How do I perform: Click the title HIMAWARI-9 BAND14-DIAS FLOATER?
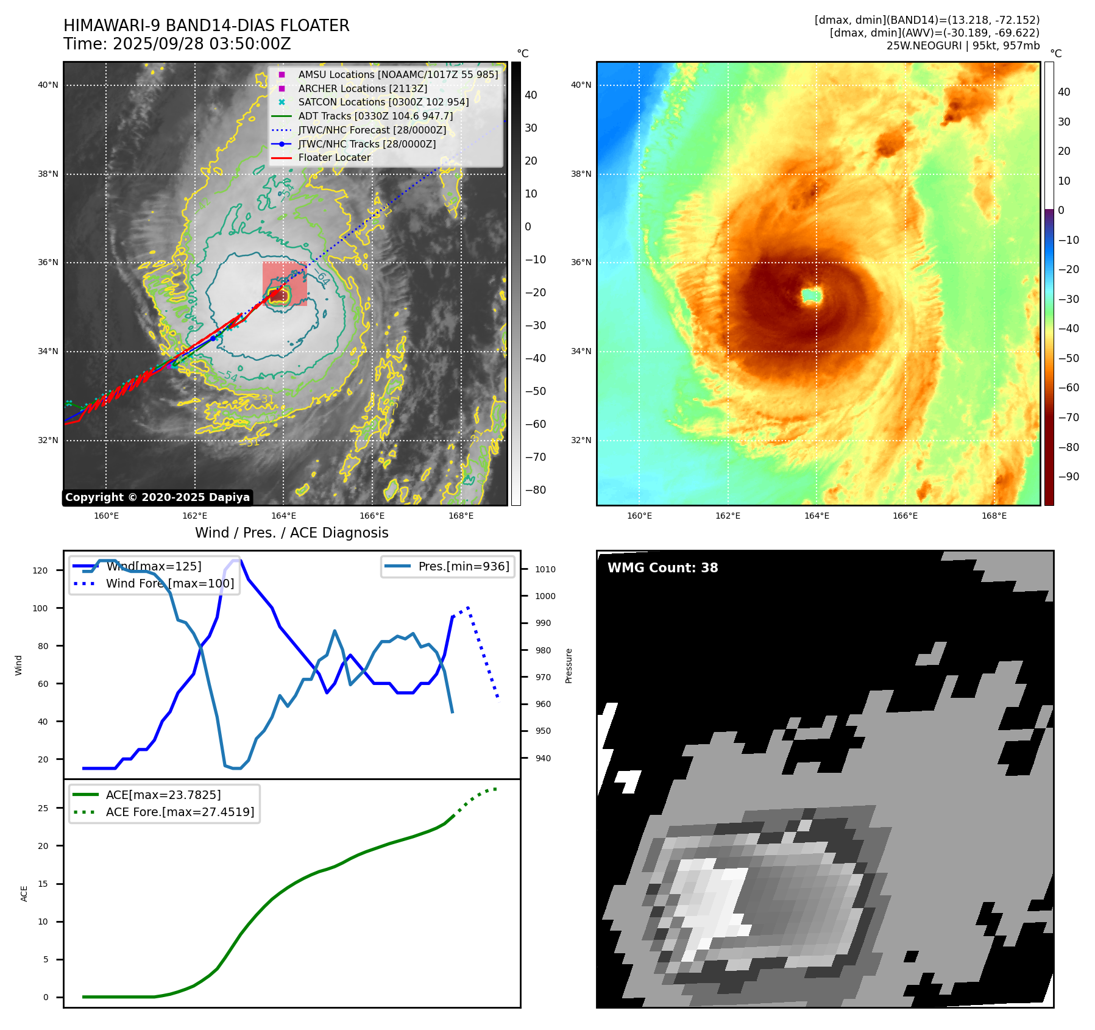[x=206, y=26]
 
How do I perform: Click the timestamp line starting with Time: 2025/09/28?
[x=177, y=44]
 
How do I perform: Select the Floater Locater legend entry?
[x=334, y=157]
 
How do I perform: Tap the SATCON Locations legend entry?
[x=383, y=102]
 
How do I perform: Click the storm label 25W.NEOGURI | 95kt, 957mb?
[x=963, y=46]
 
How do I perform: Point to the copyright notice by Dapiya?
[x=157, y=497]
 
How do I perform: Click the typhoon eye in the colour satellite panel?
[x=811, y=296]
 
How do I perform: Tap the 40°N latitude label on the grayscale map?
[x=48, y=85]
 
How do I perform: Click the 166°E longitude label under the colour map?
[x=905, y=516]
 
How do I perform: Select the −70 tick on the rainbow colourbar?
[x=1068, y=417]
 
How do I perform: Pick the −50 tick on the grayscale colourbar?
[x=536, y=391]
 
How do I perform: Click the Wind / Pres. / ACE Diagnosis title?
[x=291, y=533]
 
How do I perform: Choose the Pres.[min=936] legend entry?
[x=463, y=566]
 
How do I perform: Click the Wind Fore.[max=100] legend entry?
[x=169, y=583]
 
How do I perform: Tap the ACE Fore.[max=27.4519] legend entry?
[x=180, y=812]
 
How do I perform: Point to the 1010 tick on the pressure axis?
[x=545, y=569]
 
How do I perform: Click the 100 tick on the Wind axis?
[x=40, y=608]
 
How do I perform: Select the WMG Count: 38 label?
[x=662, y=568]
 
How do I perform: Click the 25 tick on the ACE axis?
[x=43, y=808]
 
